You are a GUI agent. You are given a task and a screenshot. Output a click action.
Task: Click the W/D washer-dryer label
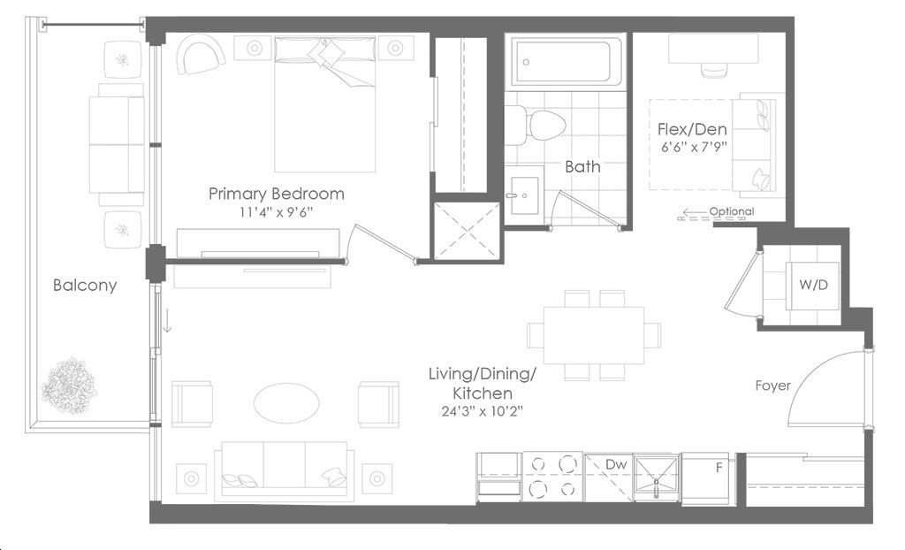pyautogui.click(x=813, y=285)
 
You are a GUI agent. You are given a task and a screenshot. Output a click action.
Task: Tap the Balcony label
pyautogui.click(x=85, y=285)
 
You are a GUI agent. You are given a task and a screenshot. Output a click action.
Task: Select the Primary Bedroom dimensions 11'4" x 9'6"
pyautogui.click(x=276, y=212)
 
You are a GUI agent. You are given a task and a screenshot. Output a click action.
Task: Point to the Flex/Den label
pyautogui.click(x=692, y=129)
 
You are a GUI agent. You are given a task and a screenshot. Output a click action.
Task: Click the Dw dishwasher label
pyautogui.click(x=616, y=464)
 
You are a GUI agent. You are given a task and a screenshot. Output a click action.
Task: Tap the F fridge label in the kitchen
pyautogui.click(x=719, y=468)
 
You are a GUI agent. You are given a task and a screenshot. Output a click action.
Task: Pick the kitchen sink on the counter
pyautogui.click(x=657, y=477)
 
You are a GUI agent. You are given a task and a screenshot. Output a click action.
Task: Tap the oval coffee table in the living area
pyautogui.click(x=286, y=404)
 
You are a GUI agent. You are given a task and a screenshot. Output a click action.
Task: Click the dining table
pyautogui.click(x=594, y=335)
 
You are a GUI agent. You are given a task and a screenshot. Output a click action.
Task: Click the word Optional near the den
pyautogui.click(x=731, y=211)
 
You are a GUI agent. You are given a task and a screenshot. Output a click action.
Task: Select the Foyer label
pyautogui.click(x=772, y=386)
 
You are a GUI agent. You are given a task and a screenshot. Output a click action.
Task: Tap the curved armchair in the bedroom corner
pyautogui.click(x=201, y=54)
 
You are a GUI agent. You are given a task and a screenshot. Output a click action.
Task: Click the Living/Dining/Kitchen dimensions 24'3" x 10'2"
pyautogui.click(x=483, y=411)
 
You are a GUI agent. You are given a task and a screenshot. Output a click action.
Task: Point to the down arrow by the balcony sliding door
pyautogui.click(x=167, y=321)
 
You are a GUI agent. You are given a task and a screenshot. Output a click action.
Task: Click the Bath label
pyautogui.click(x=582, y=167)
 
